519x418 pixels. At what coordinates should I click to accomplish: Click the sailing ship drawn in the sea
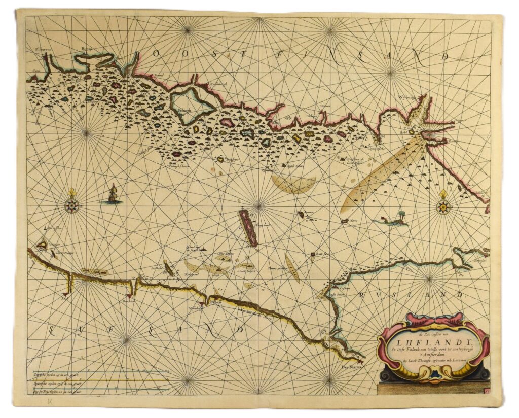tap(113, 194)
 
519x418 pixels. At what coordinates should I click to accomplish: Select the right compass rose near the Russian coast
tap(444, 205)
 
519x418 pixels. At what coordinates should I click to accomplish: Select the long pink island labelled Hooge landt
tap(248, 228)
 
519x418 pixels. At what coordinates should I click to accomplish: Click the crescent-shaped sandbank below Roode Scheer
tap(294, 186)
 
